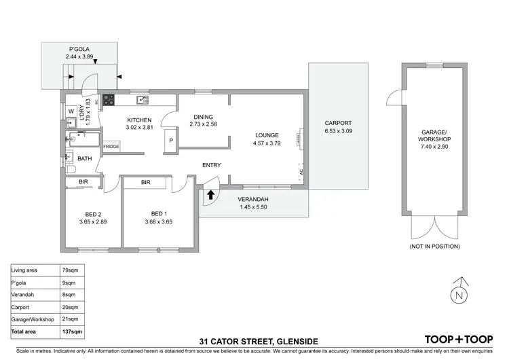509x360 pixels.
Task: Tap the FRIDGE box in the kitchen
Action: (111, 147)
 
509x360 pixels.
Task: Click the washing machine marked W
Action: (71, 111)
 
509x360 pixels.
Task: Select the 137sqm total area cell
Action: (73, 331)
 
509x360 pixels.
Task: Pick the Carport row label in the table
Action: (22, 307)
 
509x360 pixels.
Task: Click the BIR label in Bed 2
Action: (83, 182)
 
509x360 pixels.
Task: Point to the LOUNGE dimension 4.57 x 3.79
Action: (267, 143)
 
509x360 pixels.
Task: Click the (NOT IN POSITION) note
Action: (434, 246)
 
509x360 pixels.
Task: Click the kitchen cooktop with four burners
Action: (107, 101)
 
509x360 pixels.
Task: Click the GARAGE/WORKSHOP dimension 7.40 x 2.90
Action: (434, 145)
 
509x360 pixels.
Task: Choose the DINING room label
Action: (204, 116)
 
